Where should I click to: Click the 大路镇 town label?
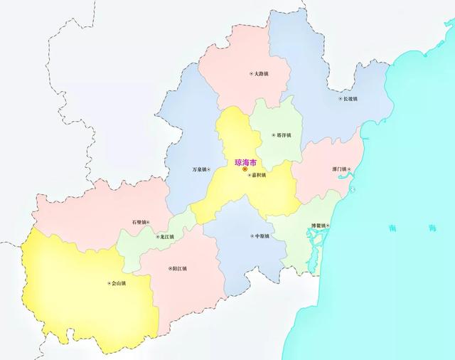[x=261, y=73]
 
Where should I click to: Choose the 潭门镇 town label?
[x=338, y=169]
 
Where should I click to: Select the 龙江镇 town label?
[x=166, y=236]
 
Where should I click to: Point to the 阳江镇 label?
[x=180, y=268]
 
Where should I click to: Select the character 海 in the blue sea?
[x=432, y=228]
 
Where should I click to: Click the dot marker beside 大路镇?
[x=250, y=74]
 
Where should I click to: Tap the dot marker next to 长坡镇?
[x=340, y=99]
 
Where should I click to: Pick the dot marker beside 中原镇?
[x=250, y=235]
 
